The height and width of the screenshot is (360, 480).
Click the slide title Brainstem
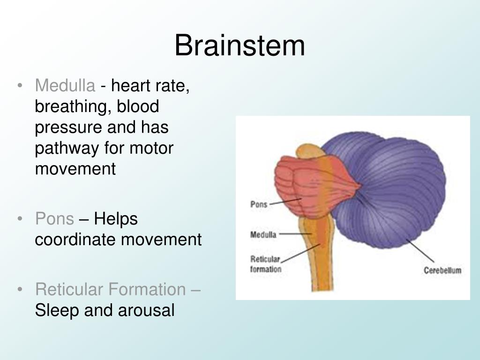240,46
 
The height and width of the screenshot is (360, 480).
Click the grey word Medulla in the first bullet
65,86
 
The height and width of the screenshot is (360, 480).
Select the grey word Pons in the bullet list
54,219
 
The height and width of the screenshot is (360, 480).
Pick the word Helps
116,219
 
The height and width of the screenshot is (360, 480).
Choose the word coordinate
76,240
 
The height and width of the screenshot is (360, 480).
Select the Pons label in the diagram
259,204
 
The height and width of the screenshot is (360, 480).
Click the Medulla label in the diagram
263,234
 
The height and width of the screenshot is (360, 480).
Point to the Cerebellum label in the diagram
442,270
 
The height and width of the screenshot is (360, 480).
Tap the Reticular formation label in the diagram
266,264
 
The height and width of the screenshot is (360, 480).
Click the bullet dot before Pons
20,219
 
